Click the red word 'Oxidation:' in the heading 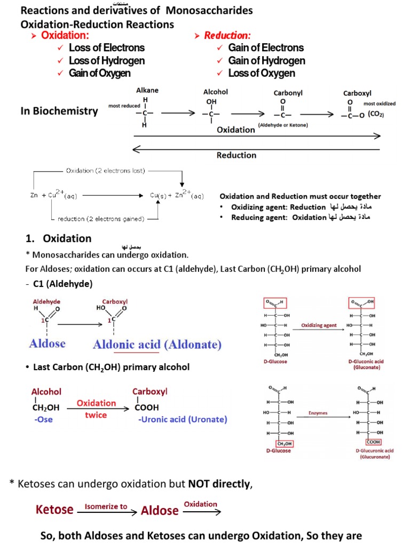[x=65, y=35]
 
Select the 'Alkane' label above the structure [x=147, y=90]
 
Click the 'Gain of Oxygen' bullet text [x=99, y=73]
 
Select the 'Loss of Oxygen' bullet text [x=262, y=73]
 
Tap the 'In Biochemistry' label [x=59, y=111]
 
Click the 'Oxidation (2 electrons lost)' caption [x=105, y=170]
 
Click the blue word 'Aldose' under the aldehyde [x=48, y=343]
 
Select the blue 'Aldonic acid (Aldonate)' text [x=157, y=345]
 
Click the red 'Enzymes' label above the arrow [x=319, y=413]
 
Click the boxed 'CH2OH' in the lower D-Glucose [x=283, y=442]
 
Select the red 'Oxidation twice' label [x=96, y=409]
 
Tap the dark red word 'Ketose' [x=54, y=510]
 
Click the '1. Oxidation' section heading [x=59, y=238]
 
